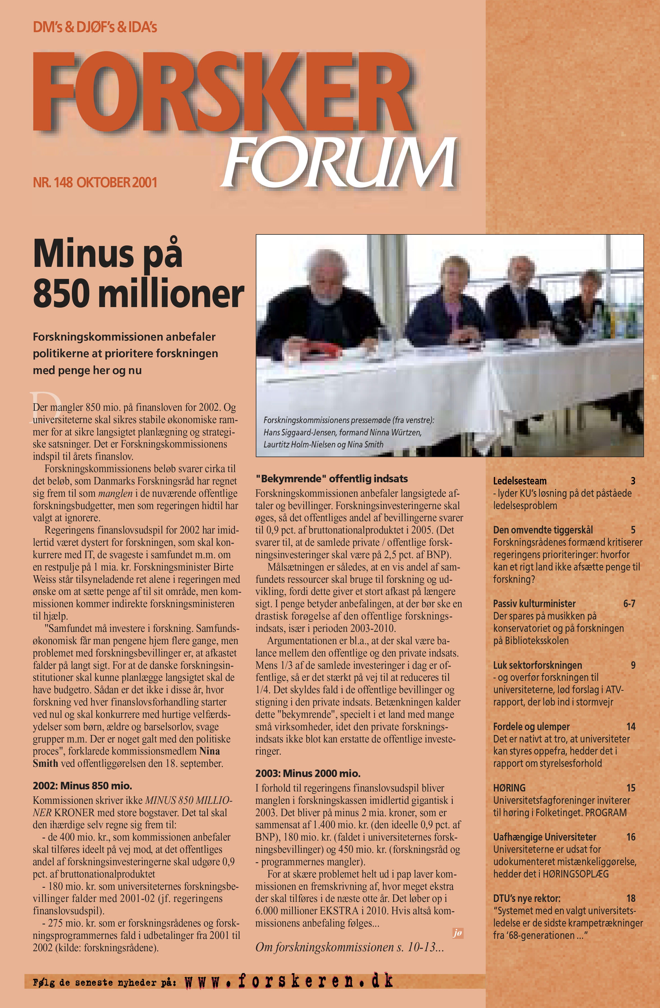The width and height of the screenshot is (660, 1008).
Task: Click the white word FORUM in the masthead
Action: [x=339, y=163]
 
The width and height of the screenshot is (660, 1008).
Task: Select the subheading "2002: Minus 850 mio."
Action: [x=82, y=786]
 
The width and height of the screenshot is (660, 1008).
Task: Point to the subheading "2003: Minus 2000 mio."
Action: [x=308, y=773]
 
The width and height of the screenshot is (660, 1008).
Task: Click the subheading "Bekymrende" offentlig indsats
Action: [x=331, y=479]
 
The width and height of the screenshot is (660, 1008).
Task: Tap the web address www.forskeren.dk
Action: [x=289, y=981]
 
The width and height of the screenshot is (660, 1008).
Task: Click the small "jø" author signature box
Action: [x=457, y=933]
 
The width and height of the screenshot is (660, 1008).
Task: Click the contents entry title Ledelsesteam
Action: [x=520, y=481]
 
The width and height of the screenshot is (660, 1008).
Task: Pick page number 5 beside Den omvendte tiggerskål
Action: [x=633, y=530]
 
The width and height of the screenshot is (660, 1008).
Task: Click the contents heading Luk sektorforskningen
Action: [x=537, y=665]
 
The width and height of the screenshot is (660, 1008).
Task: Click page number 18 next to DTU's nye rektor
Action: [x=631, y=898]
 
